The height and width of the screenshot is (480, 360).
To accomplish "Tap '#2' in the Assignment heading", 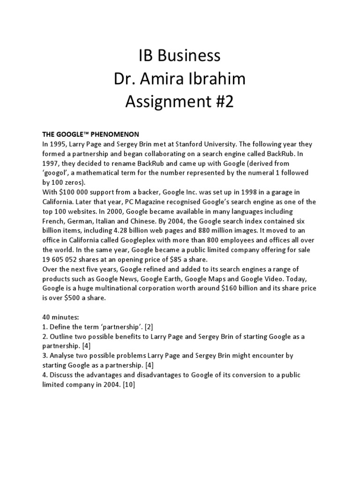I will [x=221, y=101].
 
